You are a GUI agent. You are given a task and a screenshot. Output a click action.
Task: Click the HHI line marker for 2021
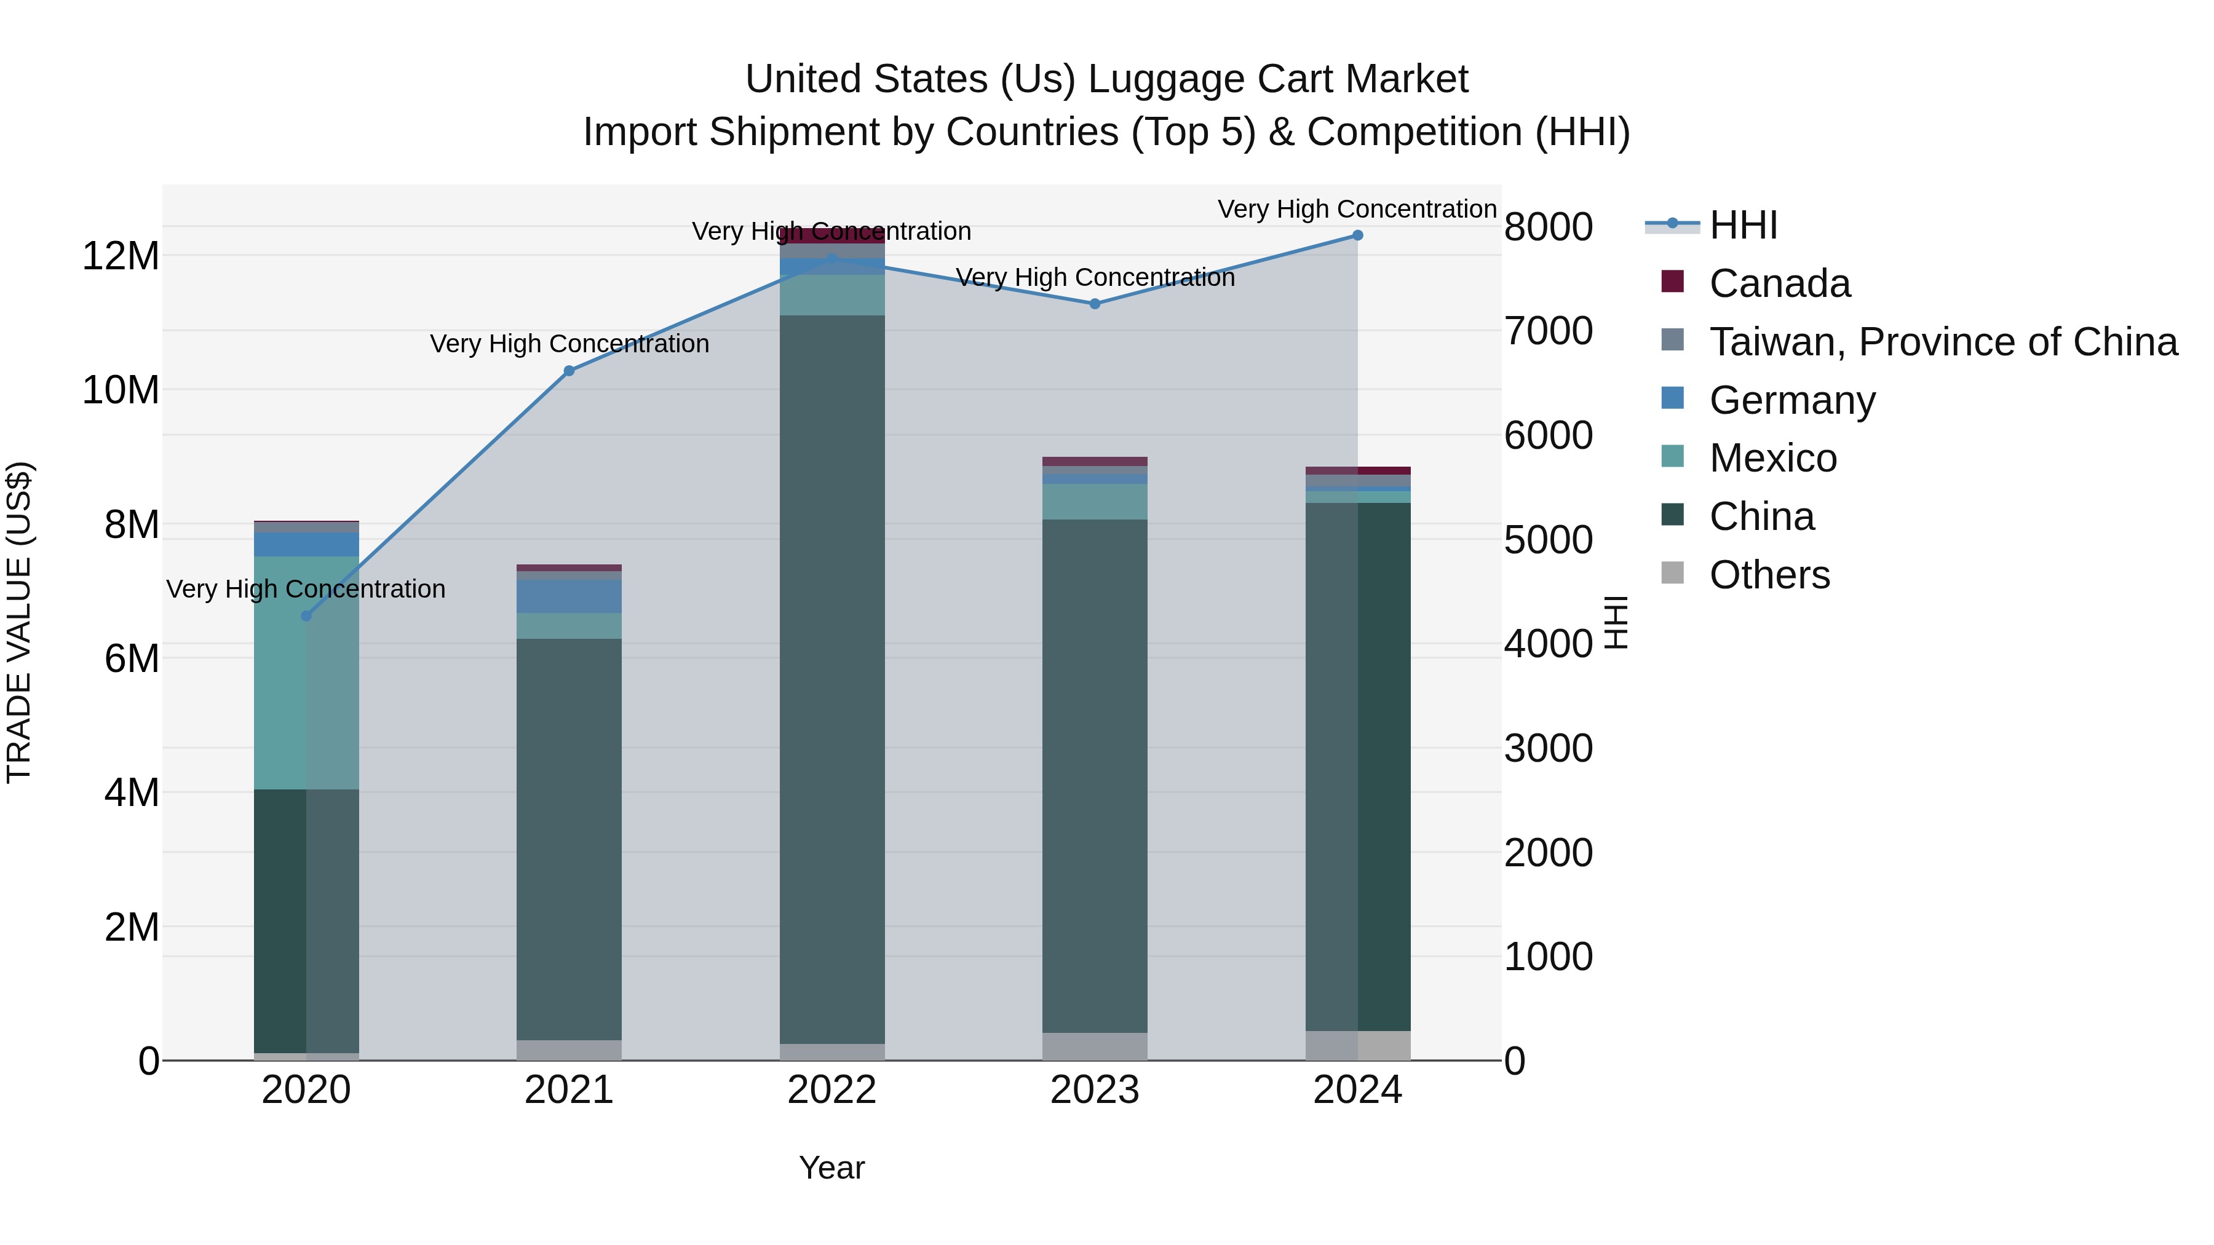pyautogui.click(x=569, y=371)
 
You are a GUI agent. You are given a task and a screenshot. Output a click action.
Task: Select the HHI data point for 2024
pyautogui.click(x=1358, y=235)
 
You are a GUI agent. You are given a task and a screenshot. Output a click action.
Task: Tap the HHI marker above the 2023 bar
pyautogui.click(x=1095, y=304)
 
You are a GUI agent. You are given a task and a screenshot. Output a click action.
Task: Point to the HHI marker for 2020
pyautogui.click(x=306, y=616)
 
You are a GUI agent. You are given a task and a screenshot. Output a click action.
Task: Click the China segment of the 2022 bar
pyautogui.click(x=832, y=679)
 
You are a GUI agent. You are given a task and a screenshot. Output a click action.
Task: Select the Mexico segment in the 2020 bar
pyautogui.click(x=306, y=673)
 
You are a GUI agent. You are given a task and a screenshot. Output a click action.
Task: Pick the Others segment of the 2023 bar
pyautogui.click(x=1095, y=1046)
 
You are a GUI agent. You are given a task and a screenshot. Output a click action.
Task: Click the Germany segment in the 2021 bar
pyautogui.click(x=569, y=596)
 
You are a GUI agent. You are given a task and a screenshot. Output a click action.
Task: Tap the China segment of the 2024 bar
pyautogui.click(x=1358, y=767)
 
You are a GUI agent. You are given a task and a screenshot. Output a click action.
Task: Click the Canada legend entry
pyautogui.click(x=1779, y=283)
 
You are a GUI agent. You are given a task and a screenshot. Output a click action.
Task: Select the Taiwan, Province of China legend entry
pyautogui.click(x=1942, y=342)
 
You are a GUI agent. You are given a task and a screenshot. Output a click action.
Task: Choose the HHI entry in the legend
pyautogui.click(x=1743, y=225)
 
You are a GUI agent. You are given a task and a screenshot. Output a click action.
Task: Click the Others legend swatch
pyautogui.click(x=1673, y=573)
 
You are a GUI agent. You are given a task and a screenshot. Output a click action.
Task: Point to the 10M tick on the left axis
pyautogui.click(x=121, y=390)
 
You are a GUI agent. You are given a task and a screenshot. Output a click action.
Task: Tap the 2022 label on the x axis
pyautogui.click(x=832, y=1090)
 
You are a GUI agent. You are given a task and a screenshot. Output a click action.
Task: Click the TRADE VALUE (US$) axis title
pyautogui.click(x=19, y=622)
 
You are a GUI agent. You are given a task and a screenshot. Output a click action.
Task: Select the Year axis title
pyautogui.click(x=832, y=1168)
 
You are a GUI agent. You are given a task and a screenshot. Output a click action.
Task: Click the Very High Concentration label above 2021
pyautogui.click(x=569, y=344)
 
